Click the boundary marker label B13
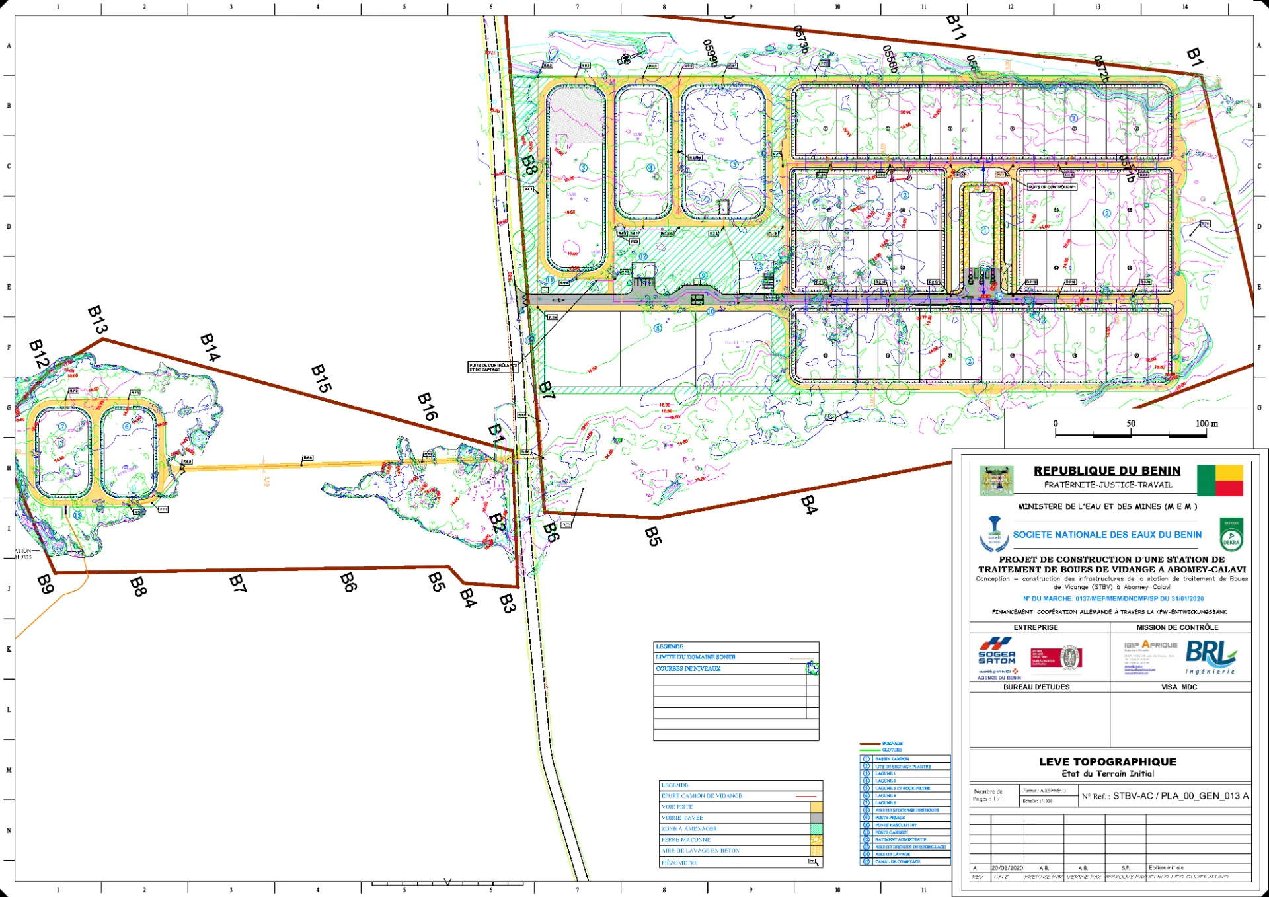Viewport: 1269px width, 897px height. click(x=97, y=320)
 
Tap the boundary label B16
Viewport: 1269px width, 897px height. click(x=428, y=407)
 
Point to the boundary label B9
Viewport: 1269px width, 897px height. click(x=45, y=584)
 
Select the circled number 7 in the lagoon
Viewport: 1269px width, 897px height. click(x=63, y=426)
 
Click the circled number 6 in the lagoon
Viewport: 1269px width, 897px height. click(x=127, y=426)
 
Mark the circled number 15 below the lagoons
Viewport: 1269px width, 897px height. click(x=77, y=515)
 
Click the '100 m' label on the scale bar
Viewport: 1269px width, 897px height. click(x=1206, y=424)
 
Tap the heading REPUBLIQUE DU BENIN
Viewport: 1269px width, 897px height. click(x=1107, y=471)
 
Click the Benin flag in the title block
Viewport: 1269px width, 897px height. click(x=1219, y=481)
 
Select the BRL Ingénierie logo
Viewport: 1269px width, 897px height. click(x=1210, y=657)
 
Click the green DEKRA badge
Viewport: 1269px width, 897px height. click(x=1231, y=535)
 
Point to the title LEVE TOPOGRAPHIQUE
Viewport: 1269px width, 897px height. click(x=1108, y=761)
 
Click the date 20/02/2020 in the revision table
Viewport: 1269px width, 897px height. click(x=1007, y=867)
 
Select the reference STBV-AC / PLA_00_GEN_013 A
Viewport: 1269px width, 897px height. click(x=1180, y=796)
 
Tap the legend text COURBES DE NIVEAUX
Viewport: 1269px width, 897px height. click(x=688, y=669)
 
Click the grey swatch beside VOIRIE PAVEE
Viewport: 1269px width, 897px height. click(x=816, y=818)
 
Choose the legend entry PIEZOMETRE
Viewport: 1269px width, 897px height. click(x=679, y=863)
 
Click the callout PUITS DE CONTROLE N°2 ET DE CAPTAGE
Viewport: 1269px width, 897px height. click(x=492, y=368)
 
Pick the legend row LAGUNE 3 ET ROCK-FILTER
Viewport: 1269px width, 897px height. click(x=902, y=789)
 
